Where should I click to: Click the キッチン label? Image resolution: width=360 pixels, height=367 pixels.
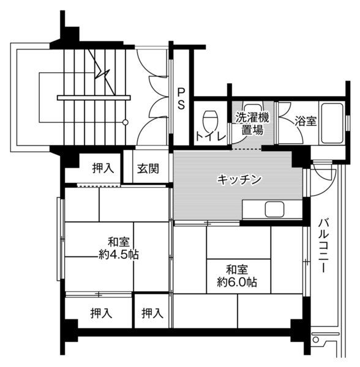pyautogui.click(x=240, y=180)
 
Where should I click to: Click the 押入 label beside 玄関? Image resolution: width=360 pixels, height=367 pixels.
pyautogui.click(x=102, y=168)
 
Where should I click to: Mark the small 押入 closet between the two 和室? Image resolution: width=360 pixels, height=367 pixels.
pyautogui.click(x=152, y=314)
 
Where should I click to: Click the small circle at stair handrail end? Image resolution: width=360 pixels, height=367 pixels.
pyautogui.click(x=126, y=122)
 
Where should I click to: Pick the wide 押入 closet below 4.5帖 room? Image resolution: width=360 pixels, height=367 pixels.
pyautogui.click(x=101, y=314)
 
